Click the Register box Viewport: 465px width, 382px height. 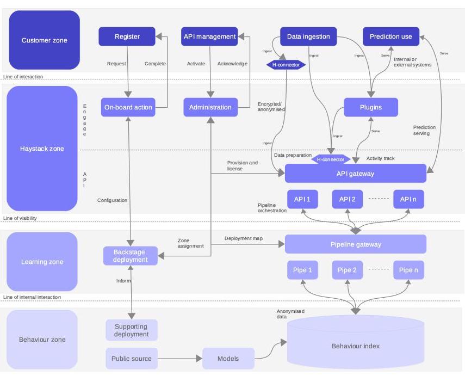click(x=127, y=37)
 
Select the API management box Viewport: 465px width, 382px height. click(x=209, y=37)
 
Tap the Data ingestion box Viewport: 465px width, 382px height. click(x=308, y=37)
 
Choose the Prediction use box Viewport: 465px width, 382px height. click(x=391, y=37)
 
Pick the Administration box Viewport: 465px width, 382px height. click(x=210, y=107)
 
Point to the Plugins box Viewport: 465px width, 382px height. click(x=371, y=107)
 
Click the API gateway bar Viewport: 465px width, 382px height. click(x=356, y=174)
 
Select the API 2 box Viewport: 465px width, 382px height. click(x=347, y=199)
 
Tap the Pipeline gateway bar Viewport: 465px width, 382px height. click(x=356, y=244)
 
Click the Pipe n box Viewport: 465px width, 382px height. click(x=408, y=270)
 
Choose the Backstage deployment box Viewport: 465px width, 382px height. click(x=131, y=256)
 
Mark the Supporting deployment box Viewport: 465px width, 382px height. click(x=132, y=330)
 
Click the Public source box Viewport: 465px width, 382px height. click(x=132, y=359)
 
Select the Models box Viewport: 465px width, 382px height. click(x=228, y=359)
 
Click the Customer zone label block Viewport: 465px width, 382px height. click(x=45, y=40)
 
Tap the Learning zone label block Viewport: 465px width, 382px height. click(x=42, y=262)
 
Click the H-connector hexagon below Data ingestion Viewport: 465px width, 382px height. click(x=286, y=65)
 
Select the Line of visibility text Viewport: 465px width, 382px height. click(x=20, y=218)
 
